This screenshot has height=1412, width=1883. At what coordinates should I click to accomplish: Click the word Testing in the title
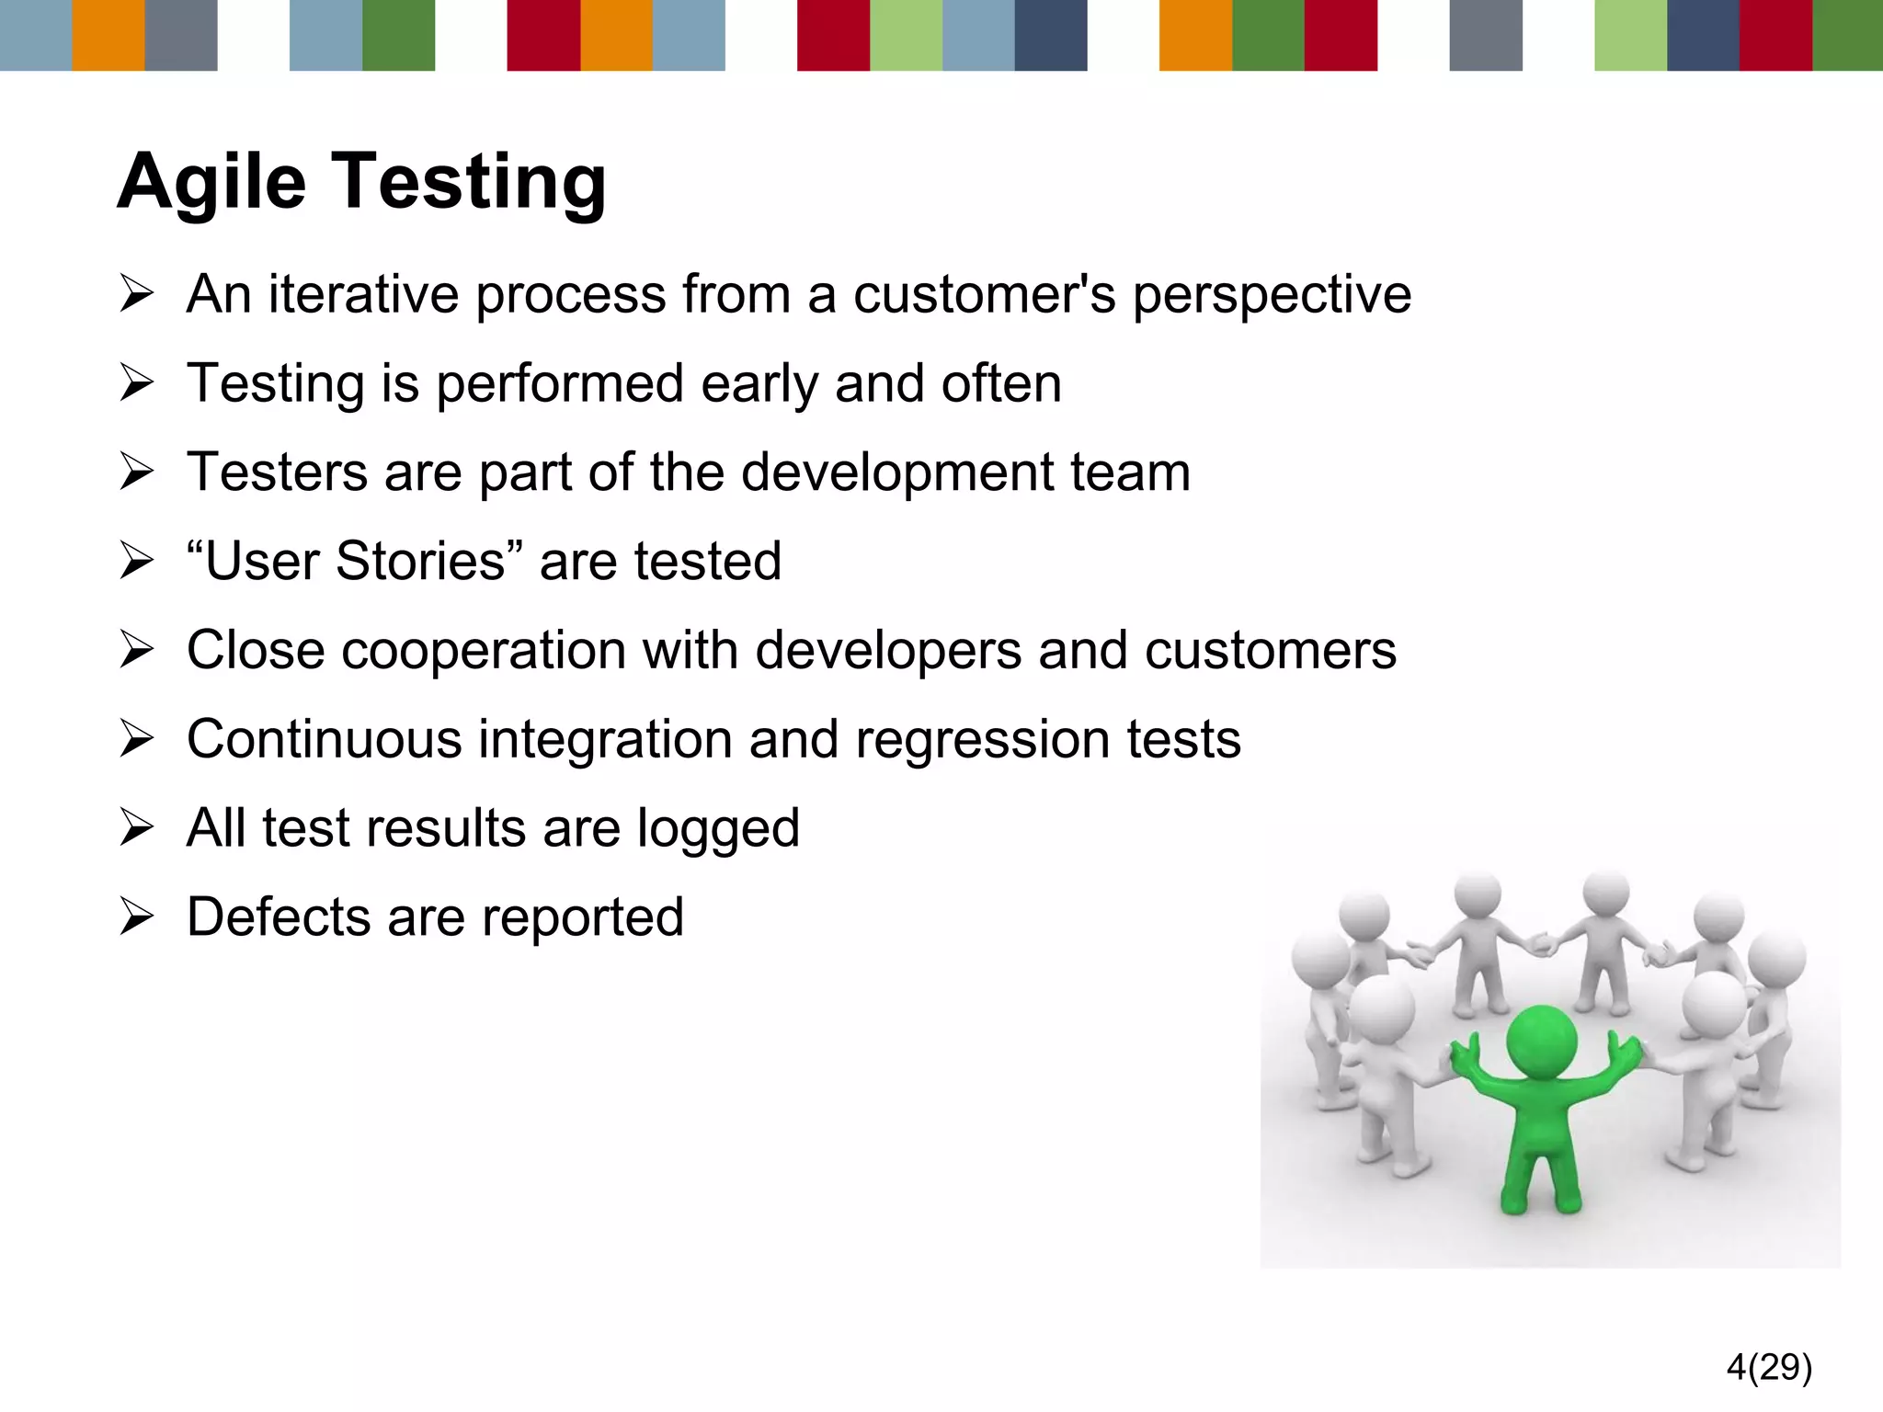468,182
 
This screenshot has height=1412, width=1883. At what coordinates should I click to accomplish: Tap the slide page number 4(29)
1769,1367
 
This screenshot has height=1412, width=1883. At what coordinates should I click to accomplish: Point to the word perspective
1272,296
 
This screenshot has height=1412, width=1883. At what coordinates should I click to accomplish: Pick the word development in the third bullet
897,473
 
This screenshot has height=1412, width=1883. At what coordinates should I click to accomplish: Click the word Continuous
324,739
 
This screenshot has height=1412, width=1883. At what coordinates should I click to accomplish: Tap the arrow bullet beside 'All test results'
136,828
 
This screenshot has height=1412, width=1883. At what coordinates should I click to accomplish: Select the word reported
582,918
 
